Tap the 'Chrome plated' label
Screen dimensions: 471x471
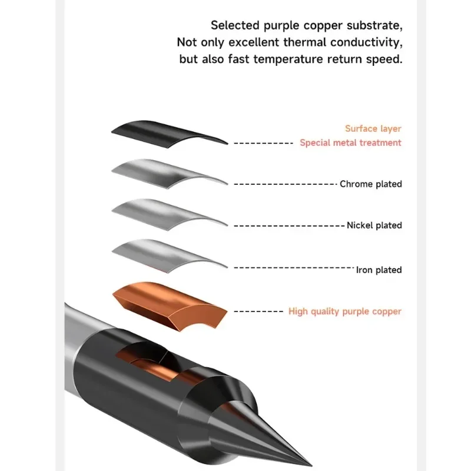(370, 184)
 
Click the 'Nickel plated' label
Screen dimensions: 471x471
(374, 225)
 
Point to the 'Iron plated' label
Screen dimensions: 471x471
(379, 270)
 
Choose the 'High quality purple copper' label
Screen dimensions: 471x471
(344, 311)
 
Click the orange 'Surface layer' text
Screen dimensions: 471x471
(373, 129)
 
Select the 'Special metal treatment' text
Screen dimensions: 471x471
(350, 143)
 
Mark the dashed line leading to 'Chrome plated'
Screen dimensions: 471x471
(285, 184)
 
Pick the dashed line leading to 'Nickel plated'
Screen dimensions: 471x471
(288, 225)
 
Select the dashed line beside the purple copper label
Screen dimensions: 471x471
(258, 311)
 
